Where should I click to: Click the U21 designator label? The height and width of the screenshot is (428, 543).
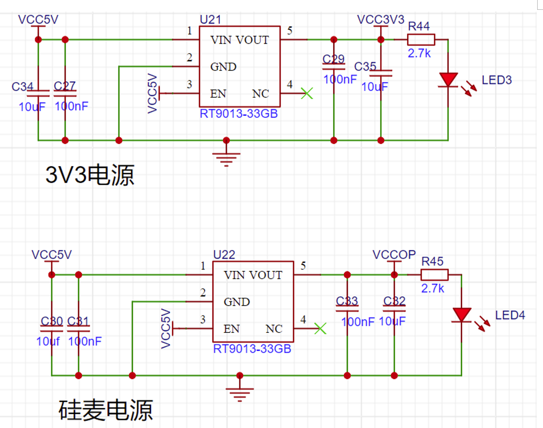210,20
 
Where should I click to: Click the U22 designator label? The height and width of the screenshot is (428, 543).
224,254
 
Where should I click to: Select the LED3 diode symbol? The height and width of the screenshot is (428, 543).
448,80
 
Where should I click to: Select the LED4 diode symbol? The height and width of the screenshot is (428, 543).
461,315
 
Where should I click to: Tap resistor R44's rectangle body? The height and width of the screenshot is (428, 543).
421,40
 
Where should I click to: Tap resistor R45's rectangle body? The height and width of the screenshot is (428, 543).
435,274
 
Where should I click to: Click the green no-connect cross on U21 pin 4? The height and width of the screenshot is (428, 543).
307,93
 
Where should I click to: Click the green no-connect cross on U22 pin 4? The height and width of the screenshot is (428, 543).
320,328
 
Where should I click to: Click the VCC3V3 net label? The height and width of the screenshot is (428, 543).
381,20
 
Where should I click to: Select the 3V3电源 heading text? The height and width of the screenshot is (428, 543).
90,175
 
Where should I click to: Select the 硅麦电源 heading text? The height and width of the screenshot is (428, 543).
106,409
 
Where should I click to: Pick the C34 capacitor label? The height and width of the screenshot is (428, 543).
23,86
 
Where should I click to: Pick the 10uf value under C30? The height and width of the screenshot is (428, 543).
48,341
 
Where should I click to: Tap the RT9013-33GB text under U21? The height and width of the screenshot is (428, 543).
239,114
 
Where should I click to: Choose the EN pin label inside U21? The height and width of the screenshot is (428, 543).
218,94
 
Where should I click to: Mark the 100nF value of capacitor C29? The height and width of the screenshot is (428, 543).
340,79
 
